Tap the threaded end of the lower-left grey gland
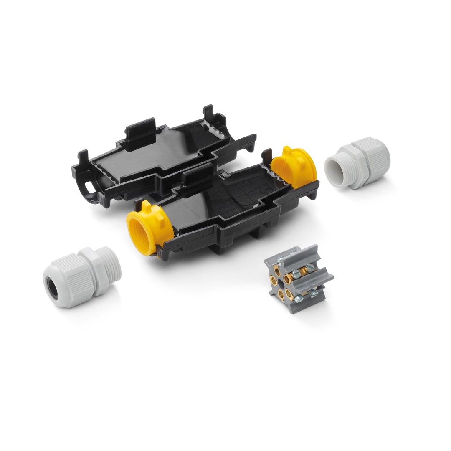(x=110, y=265)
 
